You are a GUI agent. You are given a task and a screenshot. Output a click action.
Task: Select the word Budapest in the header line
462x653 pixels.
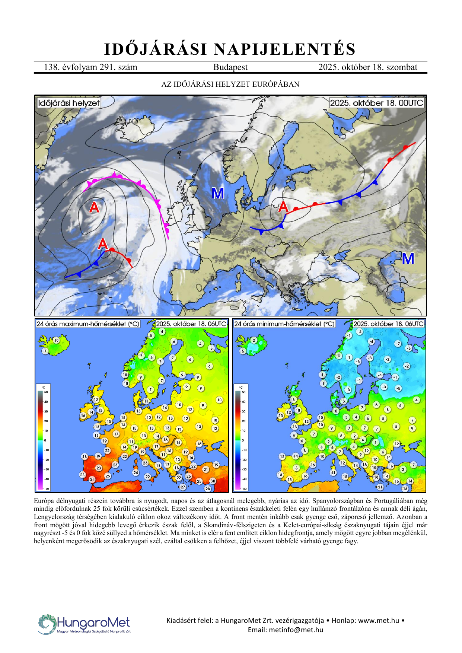(230, 67)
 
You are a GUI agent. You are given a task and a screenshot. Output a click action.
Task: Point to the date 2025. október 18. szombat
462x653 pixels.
(367, 67)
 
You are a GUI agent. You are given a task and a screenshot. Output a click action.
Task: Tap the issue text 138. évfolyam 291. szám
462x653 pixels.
(90, 67)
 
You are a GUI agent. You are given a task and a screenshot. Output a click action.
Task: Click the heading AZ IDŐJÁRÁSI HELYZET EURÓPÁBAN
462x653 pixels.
(230, 85)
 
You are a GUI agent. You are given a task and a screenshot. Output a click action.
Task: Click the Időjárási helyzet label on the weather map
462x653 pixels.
(69, 103)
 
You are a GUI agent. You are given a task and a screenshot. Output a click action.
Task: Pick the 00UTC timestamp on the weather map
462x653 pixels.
(377, 103)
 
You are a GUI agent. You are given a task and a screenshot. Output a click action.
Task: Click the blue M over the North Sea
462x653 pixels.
(218, 194)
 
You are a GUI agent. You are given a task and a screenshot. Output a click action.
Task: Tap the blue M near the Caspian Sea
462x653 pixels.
(408, 259)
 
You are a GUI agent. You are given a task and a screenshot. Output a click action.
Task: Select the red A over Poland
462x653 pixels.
(283, 206)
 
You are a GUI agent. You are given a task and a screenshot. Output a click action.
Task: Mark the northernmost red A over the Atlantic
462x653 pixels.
(94, 207)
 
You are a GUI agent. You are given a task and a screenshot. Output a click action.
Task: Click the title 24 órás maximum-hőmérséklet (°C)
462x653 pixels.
(88, 324)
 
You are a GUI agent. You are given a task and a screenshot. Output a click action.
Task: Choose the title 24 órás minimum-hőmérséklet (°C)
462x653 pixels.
(284, 324)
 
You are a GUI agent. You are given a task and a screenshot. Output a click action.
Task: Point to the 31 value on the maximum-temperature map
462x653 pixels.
(92, 480)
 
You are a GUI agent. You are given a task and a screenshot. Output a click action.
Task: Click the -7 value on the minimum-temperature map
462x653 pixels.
(398, 344)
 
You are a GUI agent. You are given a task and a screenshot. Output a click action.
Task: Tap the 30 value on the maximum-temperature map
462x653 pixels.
(213, 481)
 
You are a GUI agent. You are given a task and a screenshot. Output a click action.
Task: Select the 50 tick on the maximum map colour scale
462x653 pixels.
(46, 392)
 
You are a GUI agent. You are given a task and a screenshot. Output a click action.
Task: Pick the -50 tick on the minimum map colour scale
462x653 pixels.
(244, 488)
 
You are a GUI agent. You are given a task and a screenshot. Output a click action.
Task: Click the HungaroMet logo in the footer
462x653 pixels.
(85, 624)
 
